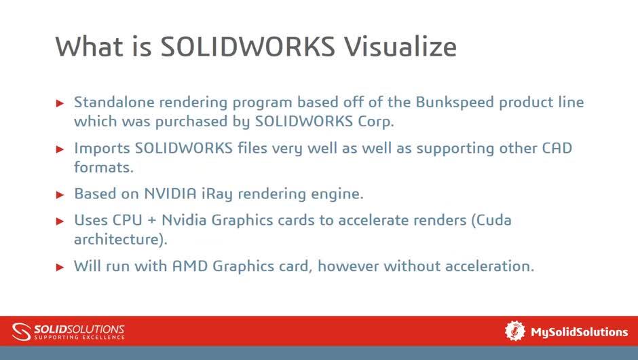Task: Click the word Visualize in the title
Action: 400,46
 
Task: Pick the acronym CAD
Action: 556,148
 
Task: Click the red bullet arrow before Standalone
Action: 60,103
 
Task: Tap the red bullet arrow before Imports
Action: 60,149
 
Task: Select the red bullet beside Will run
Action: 60,266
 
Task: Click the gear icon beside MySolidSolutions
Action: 515,331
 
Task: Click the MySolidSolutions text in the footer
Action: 579,331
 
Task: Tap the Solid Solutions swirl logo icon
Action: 21,331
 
